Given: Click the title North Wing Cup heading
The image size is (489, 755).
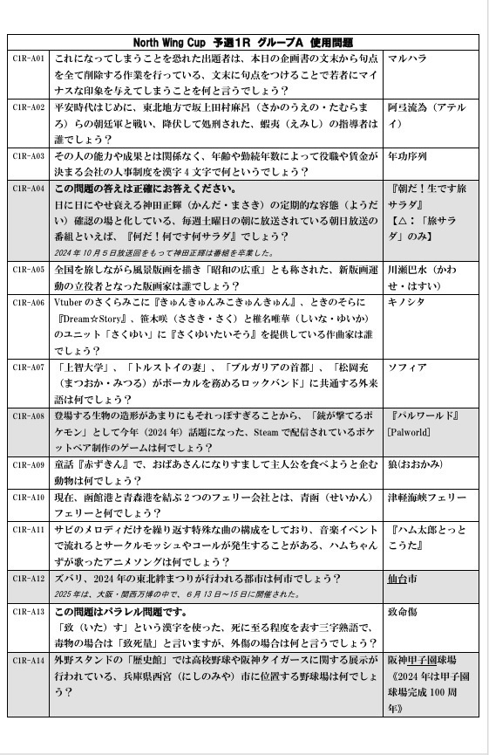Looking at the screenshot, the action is tap(243, 42).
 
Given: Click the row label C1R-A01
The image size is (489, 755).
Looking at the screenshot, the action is tap(28, 58).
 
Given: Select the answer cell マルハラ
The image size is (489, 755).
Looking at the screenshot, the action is tap(408, 59).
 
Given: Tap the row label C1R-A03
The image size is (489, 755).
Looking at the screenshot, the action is tap(28, 156).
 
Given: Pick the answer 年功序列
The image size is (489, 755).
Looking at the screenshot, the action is tap(408, 157).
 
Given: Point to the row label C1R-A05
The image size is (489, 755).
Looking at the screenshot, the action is tap(28, 270).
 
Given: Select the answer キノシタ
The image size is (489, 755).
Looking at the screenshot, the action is tap(408, 303).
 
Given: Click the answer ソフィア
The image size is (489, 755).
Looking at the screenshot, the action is tap(408, 367).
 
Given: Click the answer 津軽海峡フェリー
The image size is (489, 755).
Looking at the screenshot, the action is tap(427, 498).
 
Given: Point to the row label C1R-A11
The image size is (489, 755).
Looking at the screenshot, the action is tap(28, 530).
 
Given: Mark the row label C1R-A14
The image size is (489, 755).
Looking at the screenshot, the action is tap(28, 660).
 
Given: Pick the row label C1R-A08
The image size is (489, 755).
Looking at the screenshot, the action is tap(28, 416).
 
